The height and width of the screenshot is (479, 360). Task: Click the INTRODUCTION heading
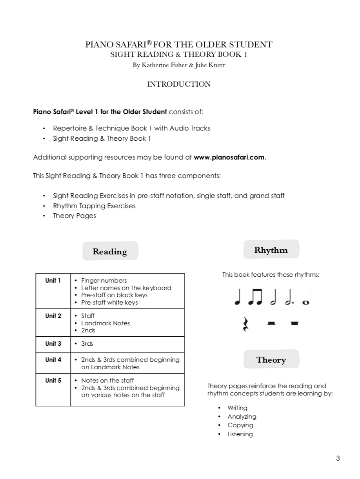tap(178, 84)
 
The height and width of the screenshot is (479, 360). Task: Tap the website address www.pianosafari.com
tap(230, 157)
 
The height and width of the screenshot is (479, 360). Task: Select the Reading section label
tap(110, 251)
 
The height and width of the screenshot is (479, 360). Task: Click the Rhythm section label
tap(271, 250)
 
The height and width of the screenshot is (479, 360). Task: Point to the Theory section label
tap(271, 360)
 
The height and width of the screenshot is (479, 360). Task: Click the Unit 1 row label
tap(53, 281)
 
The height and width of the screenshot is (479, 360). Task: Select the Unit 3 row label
tap(53, 344)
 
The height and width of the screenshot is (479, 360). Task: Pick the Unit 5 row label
tap(53, 380)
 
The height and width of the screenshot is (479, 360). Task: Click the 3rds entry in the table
tap(87, 344)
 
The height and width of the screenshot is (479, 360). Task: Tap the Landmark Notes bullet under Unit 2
tap(105, 323)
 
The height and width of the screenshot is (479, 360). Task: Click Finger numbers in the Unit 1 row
tap(104, 281)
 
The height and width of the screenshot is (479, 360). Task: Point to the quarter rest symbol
tap(246, 324)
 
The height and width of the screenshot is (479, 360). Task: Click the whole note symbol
tap(306, 302)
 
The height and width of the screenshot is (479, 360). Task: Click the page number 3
tap(338, 458)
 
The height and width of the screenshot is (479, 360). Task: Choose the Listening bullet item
tap(240, 434)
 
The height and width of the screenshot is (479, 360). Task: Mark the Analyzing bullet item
tap(242, 416)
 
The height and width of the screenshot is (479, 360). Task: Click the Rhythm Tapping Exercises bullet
tap(94, 206)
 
